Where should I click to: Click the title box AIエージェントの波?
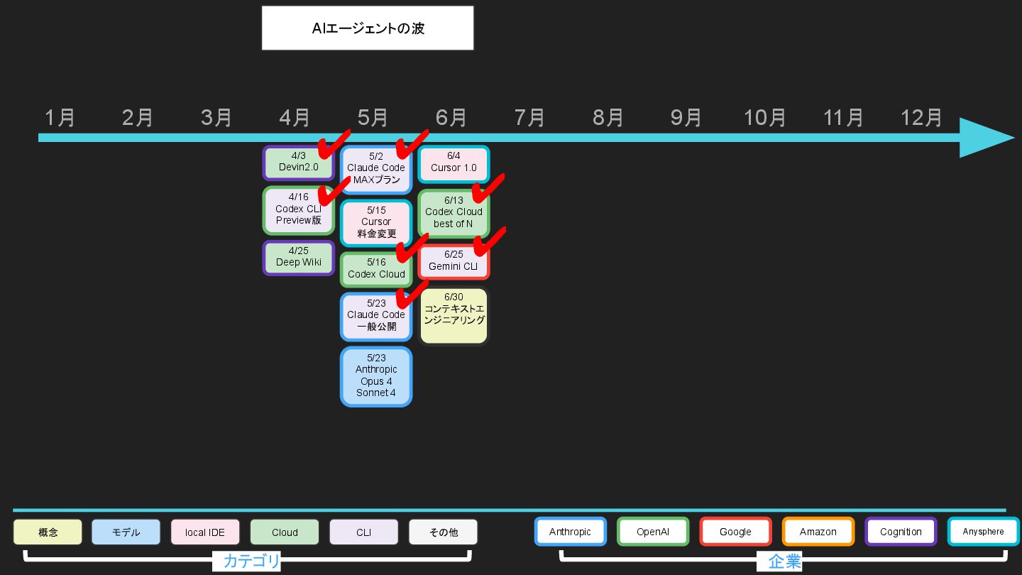point(368,28)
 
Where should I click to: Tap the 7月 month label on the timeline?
point(529,118)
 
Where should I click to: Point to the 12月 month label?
point(921,118)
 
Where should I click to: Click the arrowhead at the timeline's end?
point(987,138)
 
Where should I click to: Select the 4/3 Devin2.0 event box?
point(298,163)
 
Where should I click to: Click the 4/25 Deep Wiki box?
point(298,258)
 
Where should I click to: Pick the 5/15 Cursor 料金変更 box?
point(376,222)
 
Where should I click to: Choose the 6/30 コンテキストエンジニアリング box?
point(454,315)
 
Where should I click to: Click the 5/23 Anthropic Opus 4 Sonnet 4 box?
point(376,376)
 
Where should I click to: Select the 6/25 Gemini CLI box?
point(454,262)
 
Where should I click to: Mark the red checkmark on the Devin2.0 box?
point(332,145)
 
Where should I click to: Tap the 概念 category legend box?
point(48,532)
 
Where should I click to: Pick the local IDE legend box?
point(205,532)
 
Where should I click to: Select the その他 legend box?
point(443,532)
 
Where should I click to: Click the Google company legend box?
point(735,532)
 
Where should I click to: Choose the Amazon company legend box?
point(818,532)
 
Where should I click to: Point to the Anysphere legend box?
point(983,532)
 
